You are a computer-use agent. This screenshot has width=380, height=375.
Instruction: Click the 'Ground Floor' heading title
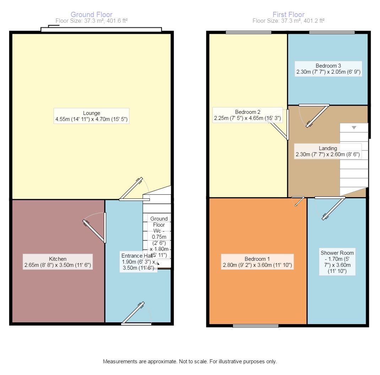click(x=91, y=15)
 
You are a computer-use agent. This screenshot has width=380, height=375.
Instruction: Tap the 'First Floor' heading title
click(x=288, y=15)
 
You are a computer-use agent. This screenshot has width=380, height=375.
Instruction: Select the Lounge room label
click(x=91, y=116)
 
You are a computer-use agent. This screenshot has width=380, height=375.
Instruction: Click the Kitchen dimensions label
click(x=58, y=262)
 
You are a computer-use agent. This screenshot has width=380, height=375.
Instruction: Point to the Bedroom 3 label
click(x=329, y=69)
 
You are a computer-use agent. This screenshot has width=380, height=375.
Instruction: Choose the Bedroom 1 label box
click(x=257, y=262)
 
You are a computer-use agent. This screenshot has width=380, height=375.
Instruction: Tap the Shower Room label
click(x=337, y=262)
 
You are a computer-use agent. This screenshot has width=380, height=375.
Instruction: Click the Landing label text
click(x=328, y=151)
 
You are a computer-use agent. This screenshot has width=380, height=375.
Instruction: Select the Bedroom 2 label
click(x=248, y=115)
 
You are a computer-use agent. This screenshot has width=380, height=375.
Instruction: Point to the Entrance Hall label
click(x=139, y=262)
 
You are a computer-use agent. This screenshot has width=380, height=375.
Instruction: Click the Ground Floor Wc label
click(x=159, y=237)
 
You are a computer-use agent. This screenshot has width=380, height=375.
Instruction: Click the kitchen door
click(x=94, y=228)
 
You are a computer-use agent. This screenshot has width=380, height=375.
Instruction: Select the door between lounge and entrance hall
click(x=134, y=189)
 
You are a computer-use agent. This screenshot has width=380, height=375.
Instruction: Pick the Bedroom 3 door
click(x=314, y=116)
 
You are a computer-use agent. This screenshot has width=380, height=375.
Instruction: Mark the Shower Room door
click(x=330, y=208)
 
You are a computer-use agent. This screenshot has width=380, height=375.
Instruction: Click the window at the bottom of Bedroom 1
click(x=256, y=326)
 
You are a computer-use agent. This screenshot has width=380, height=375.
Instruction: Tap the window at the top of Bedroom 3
click(x=332, y=32)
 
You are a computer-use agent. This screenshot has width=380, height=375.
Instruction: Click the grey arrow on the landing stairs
click(x=354, y=127)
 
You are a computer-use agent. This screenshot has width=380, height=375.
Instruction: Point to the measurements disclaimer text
click(x=190, y=361)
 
